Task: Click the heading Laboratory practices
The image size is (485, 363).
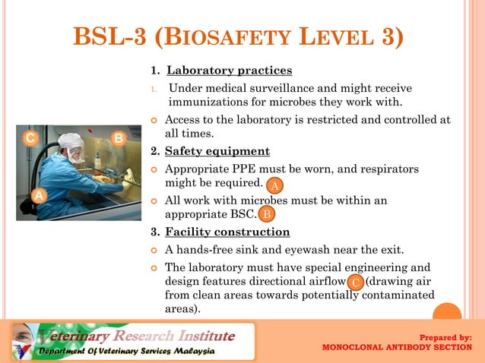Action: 229,71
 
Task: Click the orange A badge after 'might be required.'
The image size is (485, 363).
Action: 275,185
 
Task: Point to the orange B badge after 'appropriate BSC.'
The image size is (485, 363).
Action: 267,214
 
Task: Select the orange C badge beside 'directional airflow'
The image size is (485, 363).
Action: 356,283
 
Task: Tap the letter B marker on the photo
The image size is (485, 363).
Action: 119,138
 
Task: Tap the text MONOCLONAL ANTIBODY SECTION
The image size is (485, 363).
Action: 398,348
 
